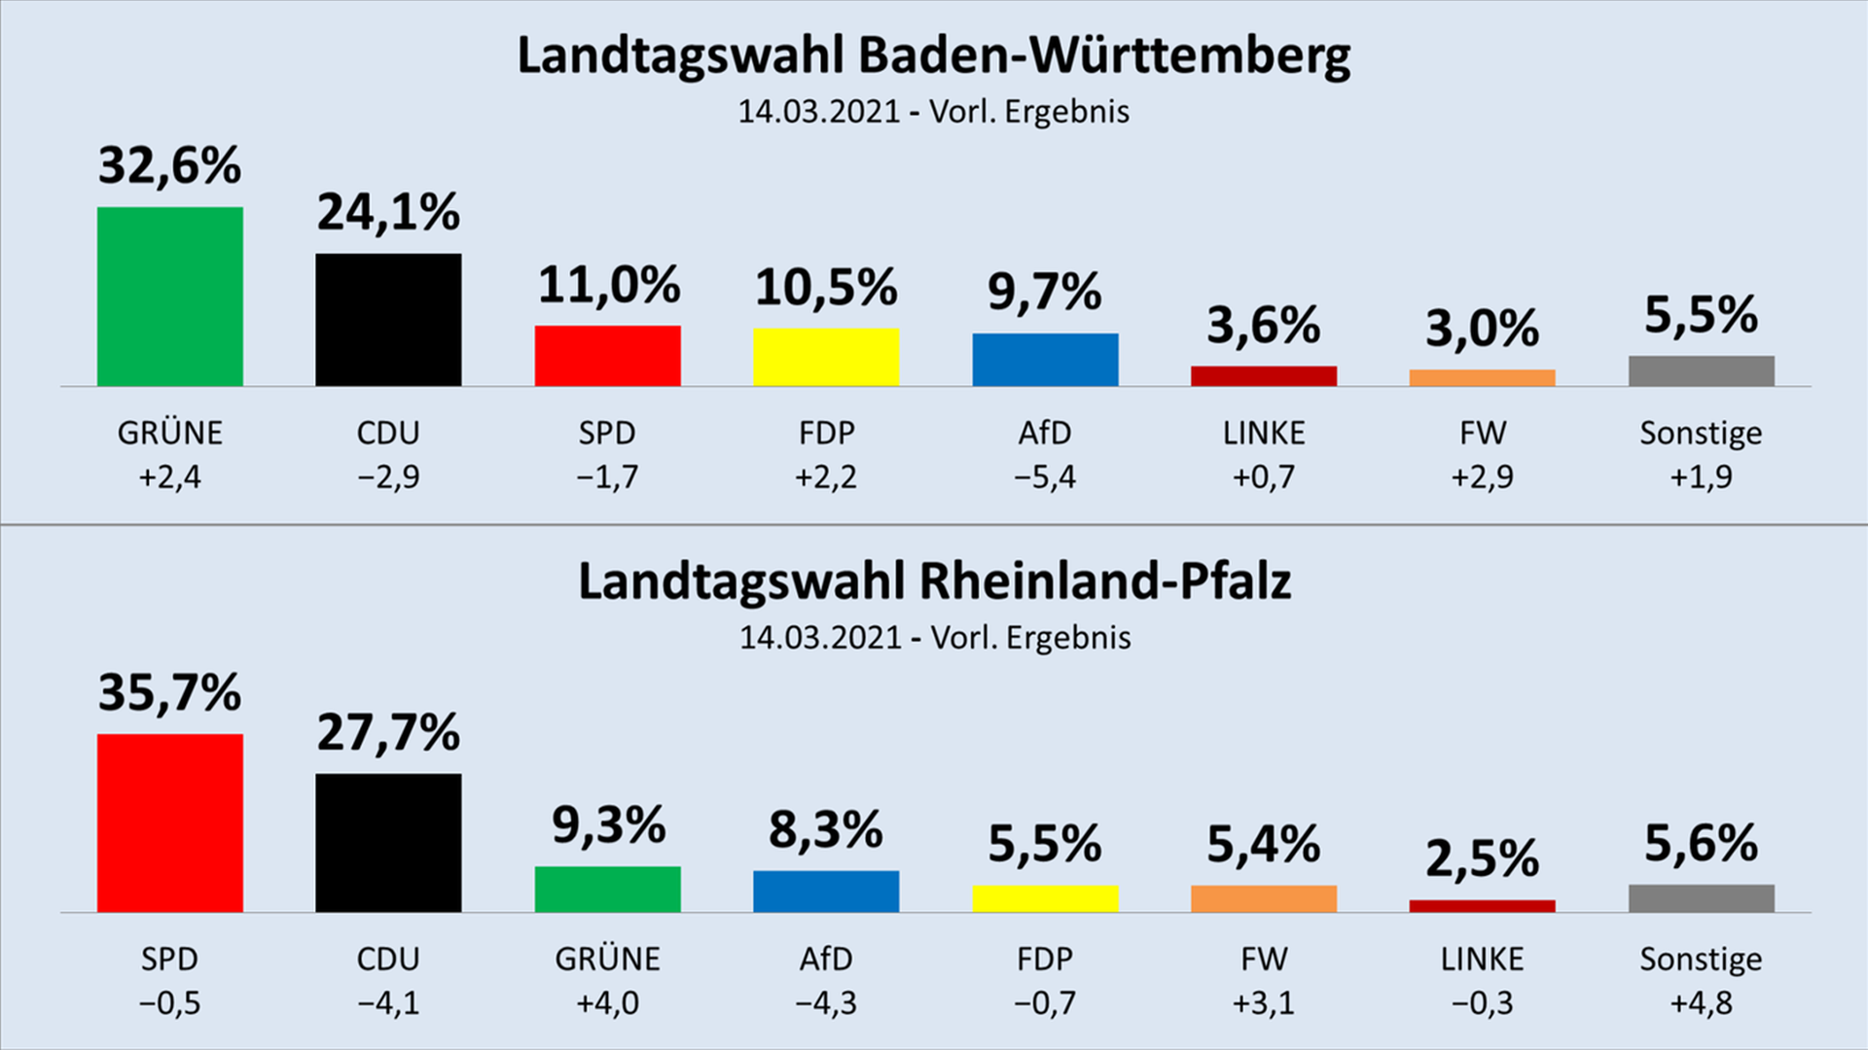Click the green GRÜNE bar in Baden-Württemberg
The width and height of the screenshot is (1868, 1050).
(x=170, y=297)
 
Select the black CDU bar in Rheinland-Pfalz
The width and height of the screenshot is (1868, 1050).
(x=388, y=843)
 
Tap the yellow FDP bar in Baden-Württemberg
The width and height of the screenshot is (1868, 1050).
(x=826, y=357)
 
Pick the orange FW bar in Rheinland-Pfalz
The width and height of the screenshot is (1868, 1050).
(x=1264, y=898)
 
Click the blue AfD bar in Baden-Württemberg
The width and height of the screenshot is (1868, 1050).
(x=1045, y=360)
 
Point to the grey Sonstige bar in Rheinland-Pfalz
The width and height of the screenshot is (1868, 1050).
(x=1701, y=898)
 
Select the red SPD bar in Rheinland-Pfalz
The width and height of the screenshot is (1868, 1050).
(x=170, y=822)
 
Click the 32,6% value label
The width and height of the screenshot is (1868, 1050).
(x=170, y=165)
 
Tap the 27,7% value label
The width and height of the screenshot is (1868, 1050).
(x=388, y=732)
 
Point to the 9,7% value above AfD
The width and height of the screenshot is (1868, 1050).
(x=1045, y=292)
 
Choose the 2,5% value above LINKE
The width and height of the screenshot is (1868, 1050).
(x=1482, y=858)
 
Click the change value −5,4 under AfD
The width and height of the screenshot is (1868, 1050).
(x=1045, y=477)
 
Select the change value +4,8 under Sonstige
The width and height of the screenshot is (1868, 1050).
(x=1701, y=1003)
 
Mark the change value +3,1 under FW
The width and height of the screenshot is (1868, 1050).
(x=1264, y=1003)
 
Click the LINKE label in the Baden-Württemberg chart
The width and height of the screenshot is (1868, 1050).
(x=1264, y=433)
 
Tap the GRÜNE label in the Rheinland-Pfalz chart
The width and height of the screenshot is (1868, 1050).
(x=607, y=960)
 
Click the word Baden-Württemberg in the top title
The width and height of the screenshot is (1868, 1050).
(x=1103, y=56)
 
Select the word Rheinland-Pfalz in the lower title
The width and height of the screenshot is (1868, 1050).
(x=1105, y=581)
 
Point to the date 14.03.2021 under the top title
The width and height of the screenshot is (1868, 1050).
(x=818, y=112)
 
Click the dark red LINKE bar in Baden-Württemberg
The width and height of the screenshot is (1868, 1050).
(x=1264, y=376)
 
